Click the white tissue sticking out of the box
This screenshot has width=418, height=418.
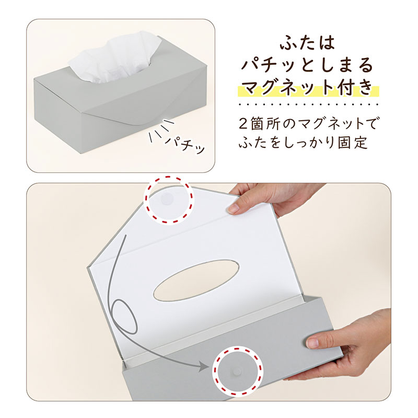[x=114, y=57]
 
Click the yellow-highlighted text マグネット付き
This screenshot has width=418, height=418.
[x=308, y=87]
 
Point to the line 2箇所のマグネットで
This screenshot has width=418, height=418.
[x=308, y=124]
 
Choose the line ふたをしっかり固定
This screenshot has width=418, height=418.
[x=304, y=142]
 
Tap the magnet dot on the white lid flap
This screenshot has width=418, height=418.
[x=166, y=199]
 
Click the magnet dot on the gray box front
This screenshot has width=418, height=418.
[x=237, y=371]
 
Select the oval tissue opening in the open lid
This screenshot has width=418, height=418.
[x=196, y=281]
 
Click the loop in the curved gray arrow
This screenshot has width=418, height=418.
[x=124, y=317]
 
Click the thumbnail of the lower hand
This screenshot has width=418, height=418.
[x=311, y=342]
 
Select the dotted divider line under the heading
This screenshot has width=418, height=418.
[x=308, y=104]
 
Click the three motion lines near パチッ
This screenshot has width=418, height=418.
[x=161, y=130]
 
